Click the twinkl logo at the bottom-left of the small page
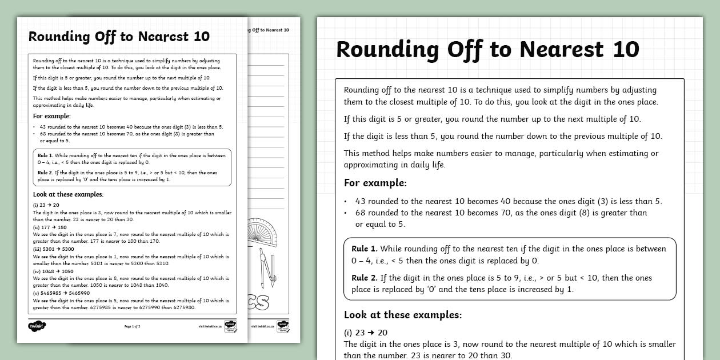[x=37, y=326]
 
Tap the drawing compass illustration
[x=265, y=265]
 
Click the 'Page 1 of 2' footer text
[x=132, y=326]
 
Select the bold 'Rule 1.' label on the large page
[x=365, y=249]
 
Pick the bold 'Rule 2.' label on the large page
[x=365, y=278]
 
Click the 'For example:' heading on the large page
[x=375, y=183]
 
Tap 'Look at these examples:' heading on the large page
[x=402, y=315]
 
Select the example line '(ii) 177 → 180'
[x=50, y=227]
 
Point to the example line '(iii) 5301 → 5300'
[x=54, y=249]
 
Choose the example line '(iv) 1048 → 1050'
[x=53, y=271]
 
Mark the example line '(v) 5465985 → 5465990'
[x=61, y=293]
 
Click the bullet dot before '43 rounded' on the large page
[x=345, y=202]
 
